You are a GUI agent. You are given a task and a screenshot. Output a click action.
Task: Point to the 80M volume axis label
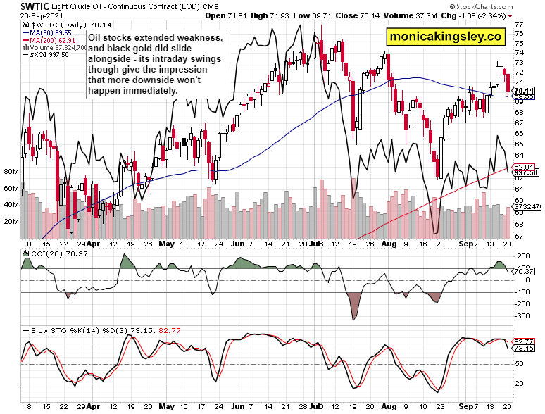pyautogui.click(x=11, y=172)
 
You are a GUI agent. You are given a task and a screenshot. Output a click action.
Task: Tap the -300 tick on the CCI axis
pyautogui.click(x=522, y=316)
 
